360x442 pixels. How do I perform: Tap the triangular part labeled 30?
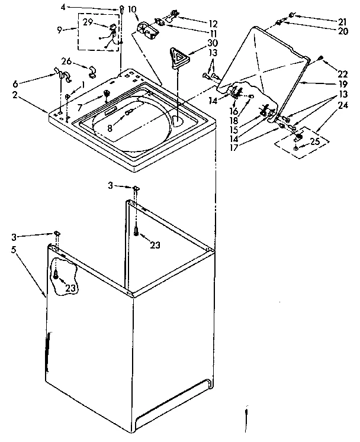(x=179, y=57)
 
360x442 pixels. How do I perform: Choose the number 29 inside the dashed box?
(x=88, y=22)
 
